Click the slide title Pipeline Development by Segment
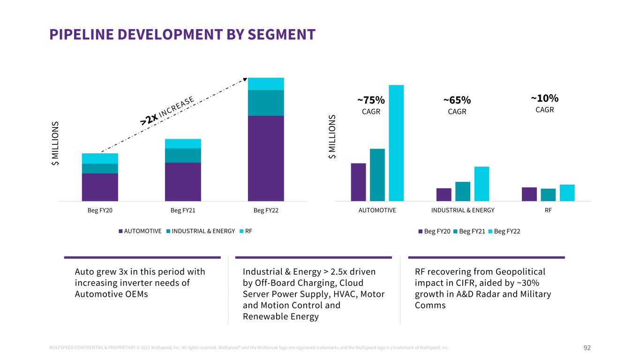point(182,34)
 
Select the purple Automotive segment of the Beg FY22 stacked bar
point(266,158)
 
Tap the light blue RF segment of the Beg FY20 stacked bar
point(100,158)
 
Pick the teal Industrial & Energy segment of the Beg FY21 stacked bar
point(183,155)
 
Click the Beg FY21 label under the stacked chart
point(183,210)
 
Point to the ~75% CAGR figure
point(371,100)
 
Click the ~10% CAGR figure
point(544,98)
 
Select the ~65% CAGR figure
point(457,100)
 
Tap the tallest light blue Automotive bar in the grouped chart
point(396,143)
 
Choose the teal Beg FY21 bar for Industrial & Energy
point(462,191)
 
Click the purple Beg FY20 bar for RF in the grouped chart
point(529,194)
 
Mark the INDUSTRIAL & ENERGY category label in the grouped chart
point(462,210)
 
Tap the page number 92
point(587,348)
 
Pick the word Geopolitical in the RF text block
point(520,272)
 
